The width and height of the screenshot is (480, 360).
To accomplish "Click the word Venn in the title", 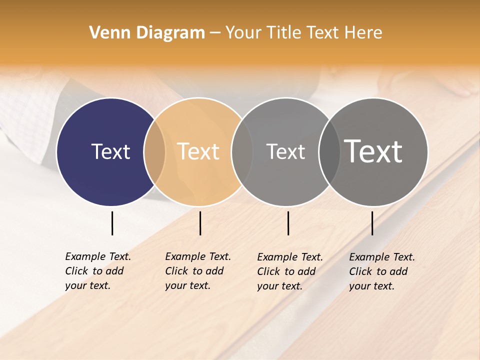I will tap(106, 33).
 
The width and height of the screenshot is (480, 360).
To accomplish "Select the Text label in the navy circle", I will tap(110, 151).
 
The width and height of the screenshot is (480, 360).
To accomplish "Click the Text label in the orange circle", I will tap(198, 151).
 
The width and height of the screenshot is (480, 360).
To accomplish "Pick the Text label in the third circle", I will tap(285, 151).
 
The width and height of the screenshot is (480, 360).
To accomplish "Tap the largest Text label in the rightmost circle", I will tap(373, 151).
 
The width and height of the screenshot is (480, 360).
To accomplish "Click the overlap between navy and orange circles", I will tap(154, 151).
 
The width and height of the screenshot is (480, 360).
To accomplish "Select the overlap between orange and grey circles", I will tap(242, 151).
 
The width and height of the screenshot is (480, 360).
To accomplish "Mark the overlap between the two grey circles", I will tap(329, 151).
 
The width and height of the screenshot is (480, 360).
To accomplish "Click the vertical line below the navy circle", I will tap(112, 223).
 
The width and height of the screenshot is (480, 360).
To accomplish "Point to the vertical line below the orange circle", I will tap(200, 223).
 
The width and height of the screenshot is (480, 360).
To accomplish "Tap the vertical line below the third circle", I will tap(288, 223).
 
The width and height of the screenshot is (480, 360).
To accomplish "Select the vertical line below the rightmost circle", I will tap(372, 223).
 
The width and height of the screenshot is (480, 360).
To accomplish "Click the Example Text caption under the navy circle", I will tap(98, 271).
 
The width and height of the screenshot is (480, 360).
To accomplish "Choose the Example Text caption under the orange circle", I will tap(198, 271).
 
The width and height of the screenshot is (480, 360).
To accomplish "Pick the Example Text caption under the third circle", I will tap(290, 271).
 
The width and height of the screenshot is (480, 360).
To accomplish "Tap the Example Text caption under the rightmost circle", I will tap(382, 271).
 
